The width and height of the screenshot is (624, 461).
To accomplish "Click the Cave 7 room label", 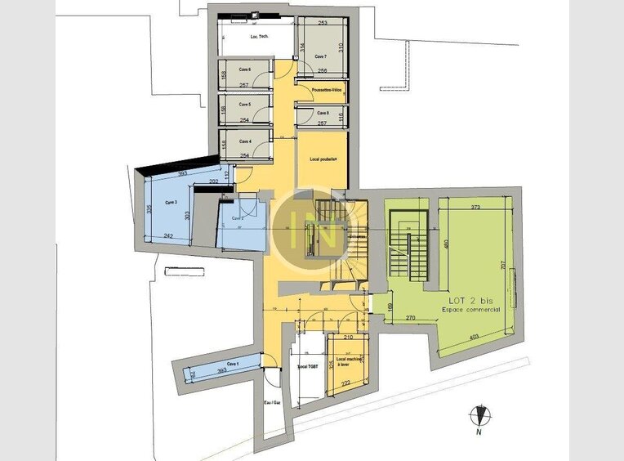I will click(319, 56).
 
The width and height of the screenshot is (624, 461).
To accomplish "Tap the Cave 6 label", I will click(244, 70).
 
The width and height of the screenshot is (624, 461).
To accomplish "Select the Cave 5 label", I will click(244, 105).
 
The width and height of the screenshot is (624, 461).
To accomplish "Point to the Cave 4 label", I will click(244, 141).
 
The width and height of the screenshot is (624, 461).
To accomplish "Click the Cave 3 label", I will click(171, 202).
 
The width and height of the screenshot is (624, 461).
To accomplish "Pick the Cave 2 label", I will click(238, 218).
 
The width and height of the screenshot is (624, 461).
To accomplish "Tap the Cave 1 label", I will click(233, 364).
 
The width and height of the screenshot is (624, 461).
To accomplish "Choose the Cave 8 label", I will click(322, 113).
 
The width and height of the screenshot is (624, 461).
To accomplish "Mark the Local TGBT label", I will click(307, 368).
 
